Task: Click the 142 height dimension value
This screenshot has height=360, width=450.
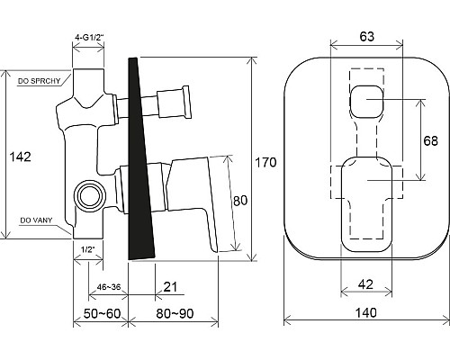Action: (21, 157)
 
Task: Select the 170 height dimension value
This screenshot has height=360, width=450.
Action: (265, 162)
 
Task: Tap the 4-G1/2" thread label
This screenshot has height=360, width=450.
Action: (89, 38)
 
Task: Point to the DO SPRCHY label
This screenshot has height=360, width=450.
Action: (39, 81)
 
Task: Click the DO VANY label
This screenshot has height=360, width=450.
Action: (36, 220)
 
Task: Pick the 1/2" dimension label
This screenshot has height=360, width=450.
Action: (88, 249)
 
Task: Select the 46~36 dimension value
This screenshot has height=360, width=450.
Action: (109, 287)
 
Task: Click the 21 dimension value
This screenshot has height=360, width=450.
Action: (170, 287)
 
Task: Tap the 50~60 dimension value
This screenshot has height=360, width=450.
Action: (102, 313)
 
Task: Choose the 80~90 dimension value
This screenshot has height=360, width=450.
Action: (175, 313)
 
